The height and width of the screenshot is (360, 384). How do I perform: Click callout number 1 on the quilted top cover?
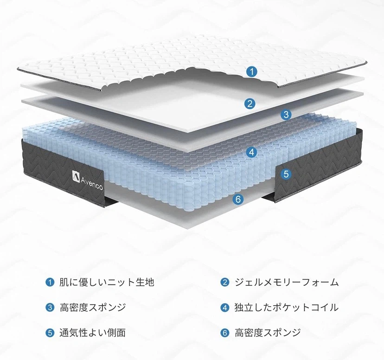tap(252, 71)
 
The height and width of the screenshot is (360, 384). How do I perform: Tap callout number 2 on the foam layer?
tap(250, 103)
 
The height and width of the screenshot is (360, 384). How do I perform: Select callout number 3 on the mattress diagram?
tap(286, 115)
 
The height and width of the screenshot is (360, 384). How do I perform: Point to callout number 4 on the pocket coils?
tap(251, 152)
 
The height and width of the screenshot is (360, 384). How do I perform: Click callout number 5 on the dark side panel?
tap(286, 174)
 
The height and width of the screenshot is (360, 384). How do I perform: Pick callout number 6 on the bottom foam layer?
tap(238, 199)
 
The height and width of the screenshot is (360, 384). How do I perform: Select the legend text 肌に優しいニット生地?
tap(107, 282)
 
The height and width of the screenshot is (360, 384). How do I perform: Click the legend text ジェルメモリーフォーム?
tap(287, 282)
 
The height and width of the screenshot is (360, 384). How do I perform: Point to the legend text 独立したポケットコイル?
tap(287, 307)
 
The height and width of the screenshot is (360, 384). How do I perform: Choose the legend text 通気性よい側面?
tap(93, 333)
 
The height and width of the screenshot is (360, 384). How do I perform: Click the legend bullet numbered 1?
tap(50, 282)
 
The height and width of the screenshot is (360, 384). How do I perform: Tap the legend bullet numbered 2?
tap(224, 282)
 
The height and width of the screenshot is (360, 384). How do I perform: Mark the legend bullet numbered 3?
tap(50, 307)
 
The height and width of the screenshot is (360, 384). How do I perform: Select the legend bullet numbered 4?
tap(224, 307)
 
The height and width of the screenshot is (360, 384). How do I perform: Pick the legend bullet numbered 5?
tap(50, 333)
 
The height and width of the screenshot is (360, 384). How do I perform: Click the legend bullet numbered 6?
tap(224, 333)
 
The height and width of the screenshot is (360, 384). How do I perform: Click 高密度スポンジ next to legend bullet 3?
tap(93, 307)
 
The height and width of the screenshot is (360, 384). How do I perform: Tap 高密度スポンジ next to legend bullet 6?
tap(268, 333)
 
